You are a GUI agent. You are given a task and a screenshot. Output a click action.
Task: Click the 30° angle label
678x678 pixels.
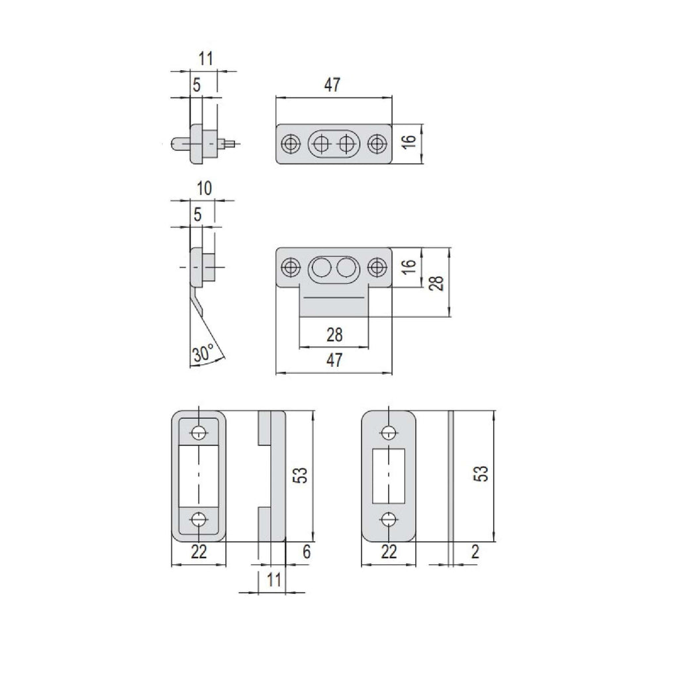click(203, 354)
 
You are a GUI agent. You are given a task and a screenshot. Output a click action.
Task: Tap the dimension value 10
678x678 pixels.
click(204, 189)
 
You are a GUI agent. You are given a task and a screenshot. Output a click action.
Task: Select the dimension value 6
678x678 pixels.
click(307, 552)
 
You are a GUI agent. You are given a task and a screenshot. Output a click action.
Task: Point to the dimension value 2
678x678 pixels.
click(475, 552)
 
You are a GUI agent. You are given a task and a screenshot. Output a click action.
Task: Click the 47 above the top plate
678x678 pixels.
click(332, 85)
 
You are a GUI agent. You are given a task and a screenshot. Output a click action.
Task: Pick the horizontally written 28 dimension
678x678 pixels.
click(334, 334)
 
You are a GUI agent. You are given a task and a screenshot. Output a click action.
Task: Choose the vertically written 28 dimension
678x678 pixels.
click(437, 283)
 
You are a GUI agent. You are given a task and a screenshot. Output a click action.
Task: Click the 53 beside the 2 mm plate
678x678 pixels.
click(481, 473)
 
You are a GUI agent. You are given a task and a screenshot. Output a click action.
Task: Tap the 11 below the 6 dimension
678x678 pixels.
click(273, 580)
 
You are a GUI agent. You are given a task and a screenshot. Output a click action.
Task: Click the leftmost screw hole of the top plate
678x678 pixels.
click(291, 144)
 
